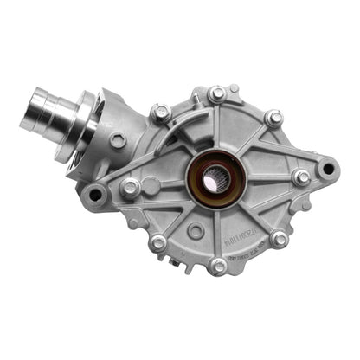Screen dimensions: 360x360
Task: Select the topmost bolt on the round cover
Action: coord(217,93)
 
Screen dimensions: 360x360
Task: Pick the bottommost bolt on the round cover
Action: coord(218,266)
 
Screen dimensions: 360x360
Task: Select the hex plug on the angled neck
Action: coord(119,139)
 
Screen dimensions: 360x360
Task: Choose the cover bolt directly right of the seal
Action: coord(300,177)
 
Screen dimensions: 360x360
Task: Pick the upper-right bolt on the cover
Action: coord(273,117)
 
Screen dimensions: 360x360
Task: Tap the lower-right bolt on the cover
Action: coord(279,239)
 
